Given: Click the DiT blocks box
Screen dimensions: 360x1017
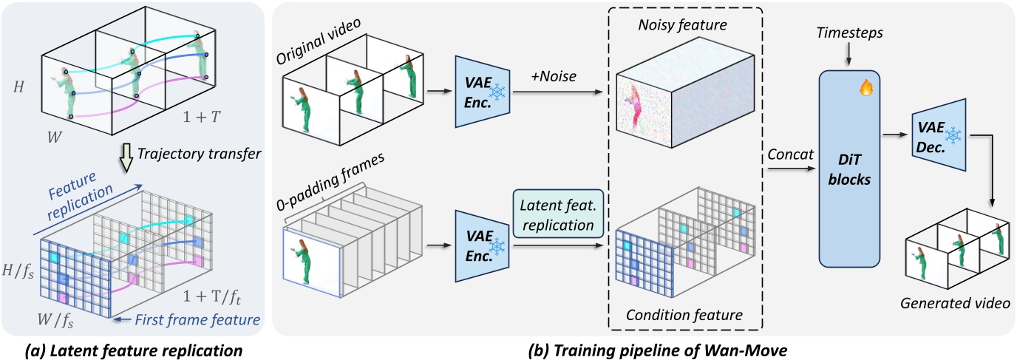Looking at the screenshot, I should [x=848, y=167].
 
